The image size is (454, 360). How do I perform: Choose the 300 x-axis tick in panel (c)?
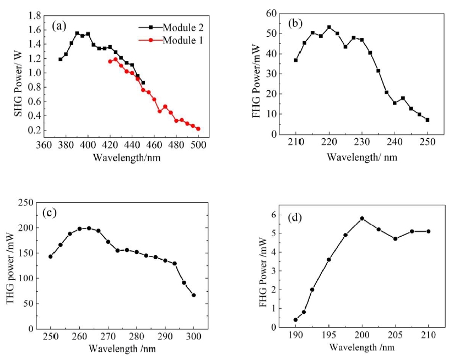(194, 337)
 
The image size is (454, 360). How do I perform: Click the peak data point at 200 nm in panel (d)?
(362, 219)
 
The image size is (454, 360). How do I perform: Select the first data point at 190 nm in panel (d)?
(296, 320)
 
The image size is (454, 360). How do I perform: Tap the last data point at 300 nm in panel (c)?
(194, 295)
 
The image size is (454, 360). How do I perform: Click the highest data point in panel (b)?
(329, 27)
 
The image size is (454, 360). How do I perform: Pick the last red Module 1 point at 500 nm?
(198, 129)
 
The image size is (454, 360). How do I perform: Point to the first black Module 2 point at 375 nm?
(61, 59)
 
